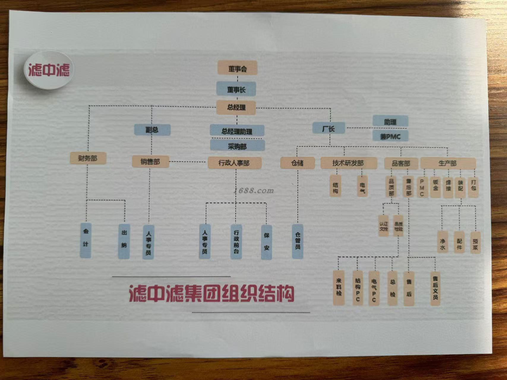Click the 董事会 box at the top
(x=237, y=68)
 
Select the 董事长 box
(x=236, y=89)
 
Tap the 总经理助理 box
(x=237, y=131)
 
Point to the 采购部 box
(x=237, y=146)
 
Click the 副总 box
(x=152, y=130)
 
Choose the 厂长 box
(x=328, y=128)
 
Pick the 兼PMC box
(x=390, y=136)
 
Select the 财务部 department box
(x=88, y=158)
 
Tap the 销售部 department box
(x=150, y=161)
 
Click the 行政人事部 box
(x=234, y=163)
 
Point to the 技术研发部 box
(x=348, y=163)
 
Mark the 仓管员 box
(x=298, y=241)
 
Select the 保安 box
(x=266, y=242)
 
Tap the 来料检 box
(x=339, y=287)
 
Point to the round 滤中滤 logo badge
(x=49, y=70)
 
